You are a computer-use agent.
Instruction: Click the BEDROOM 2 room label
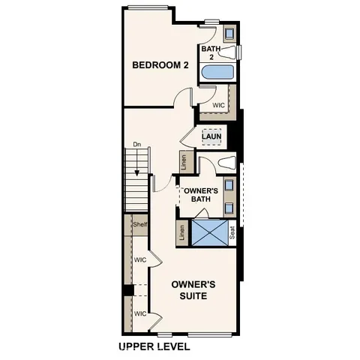(x=160, y=65)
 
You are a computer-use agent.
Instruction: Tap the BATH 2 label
(x=211, y=52)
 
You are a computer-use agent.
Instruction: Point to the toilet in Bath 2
(x=237, y=52)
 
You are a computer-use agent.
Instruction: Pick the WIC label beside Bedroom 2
(x=219, y=106)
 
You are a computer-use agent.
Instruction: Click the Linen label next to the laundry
(x=183, y=160)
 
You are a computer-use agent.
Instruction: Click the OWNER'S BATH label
(x=200, y=195)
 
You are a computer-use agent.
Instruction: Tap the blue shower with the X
(x=209, y=232)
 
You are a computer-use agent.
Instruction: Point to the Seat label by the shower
(x=232, y=233)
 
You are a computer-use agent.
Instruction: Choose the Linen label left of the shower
(x=183, y=233)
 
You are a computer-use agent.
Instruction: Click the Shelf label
(x=139, y=224)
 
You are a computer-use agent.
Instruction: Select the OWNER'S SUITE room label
(x=193, y=290)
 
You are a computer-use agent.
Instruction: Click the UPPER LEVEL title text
(x=154, y=346)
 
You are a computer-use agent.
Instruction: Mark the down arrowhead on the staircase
(x=137, y=194)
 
